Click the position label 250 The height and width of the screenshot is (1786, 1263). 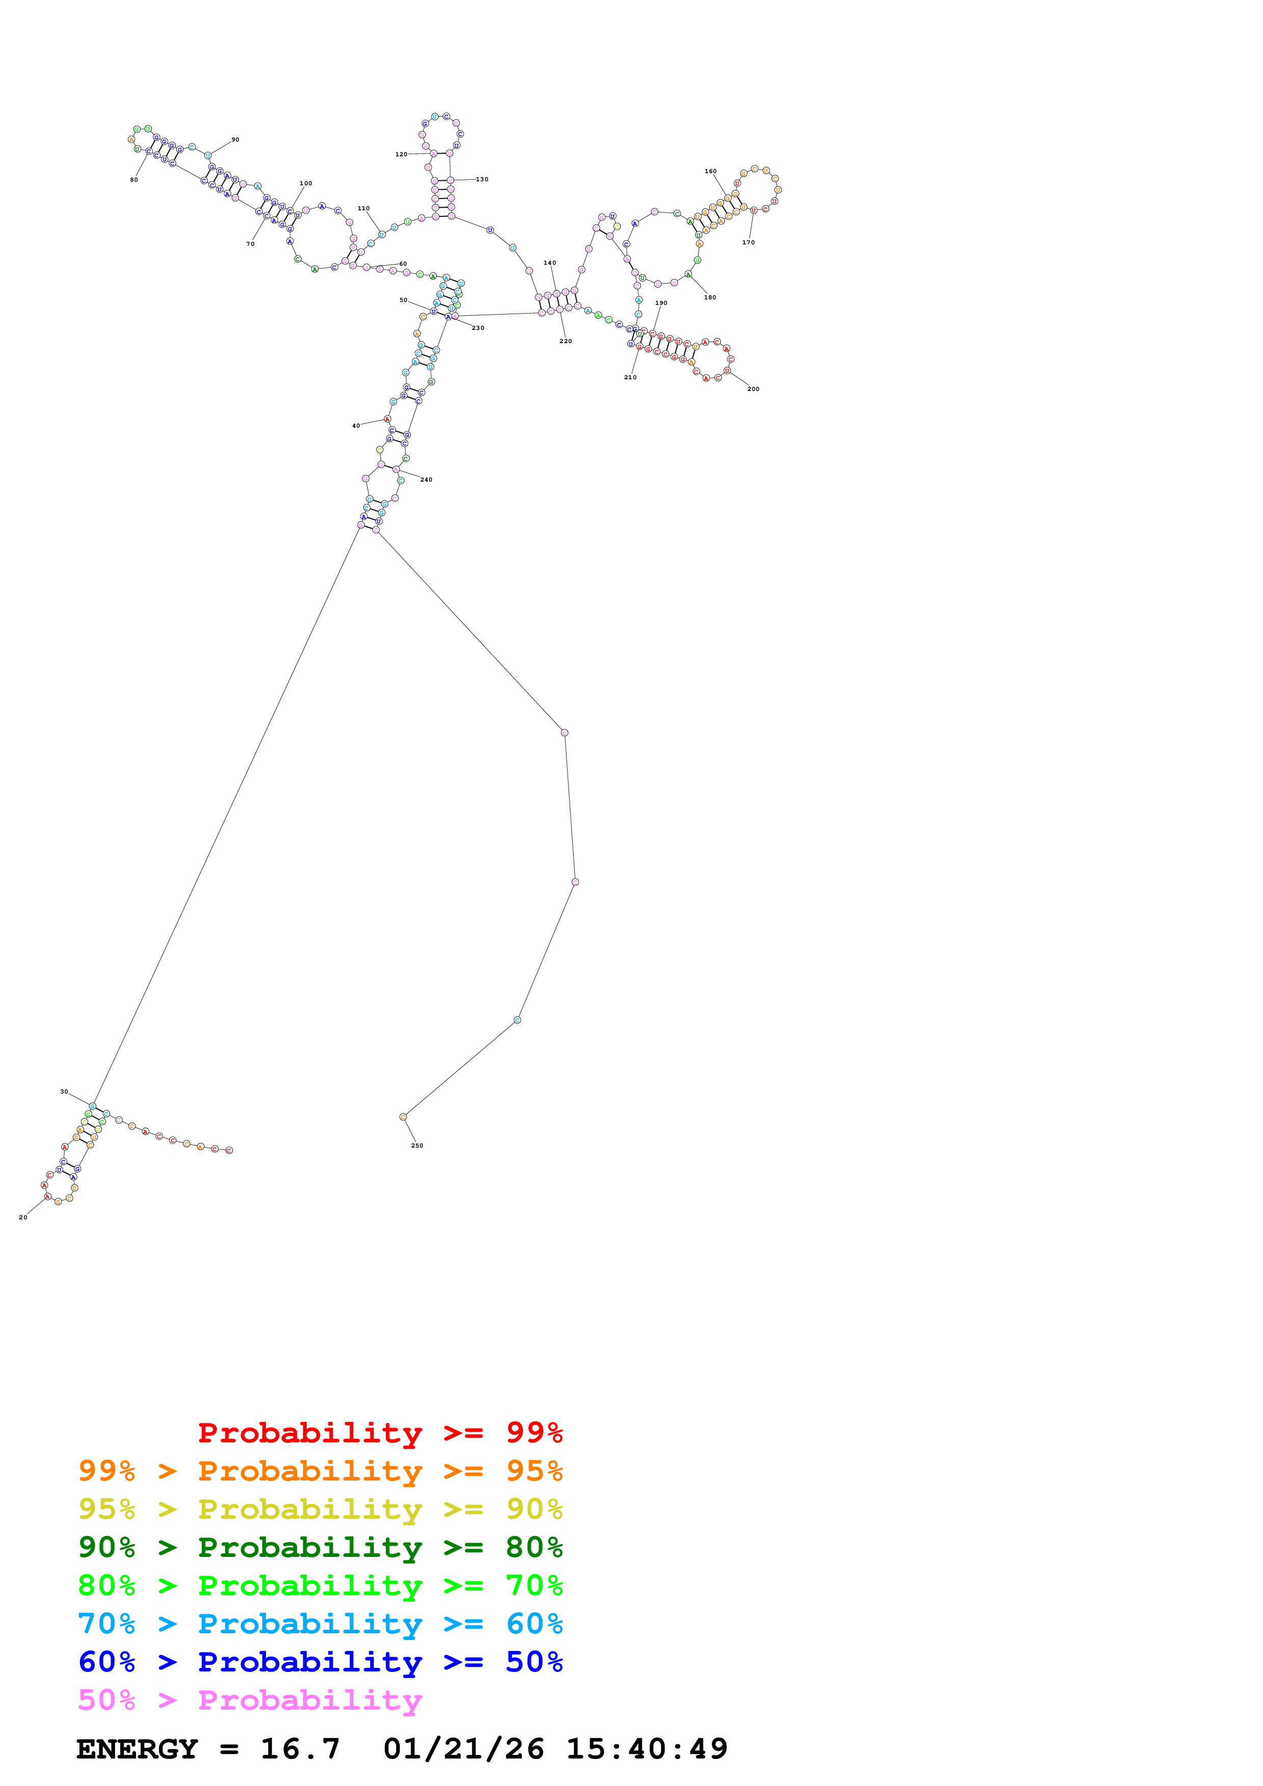tap(417, 1146)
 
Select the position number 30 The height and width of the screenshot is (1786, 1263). tap(64, 1092)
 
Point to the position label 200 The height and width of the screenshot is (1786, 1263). tap(754, 389)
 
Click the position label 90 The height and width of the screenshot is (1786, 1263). tap(235, 140)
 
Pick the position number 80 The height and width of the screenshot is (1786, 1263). tap(134, 180)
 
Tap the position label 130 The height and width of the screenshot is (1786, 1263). tap(482, 180)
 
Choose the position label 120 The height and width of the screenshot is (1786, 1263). tap(401, 154)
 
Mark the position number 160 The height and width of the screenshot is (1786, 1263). tap(711, 171)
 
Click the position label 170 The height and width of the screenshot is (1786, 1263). tap(748, 243)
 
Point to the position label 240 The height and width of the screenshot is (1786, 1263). tap(426, 480)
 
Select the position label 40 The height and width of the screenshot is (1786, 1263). tap(357, 426)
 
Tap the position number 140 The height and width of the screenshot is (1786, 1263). tap(550, 263)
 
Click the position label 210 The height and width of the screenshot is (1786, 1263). tap(630, 377)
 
